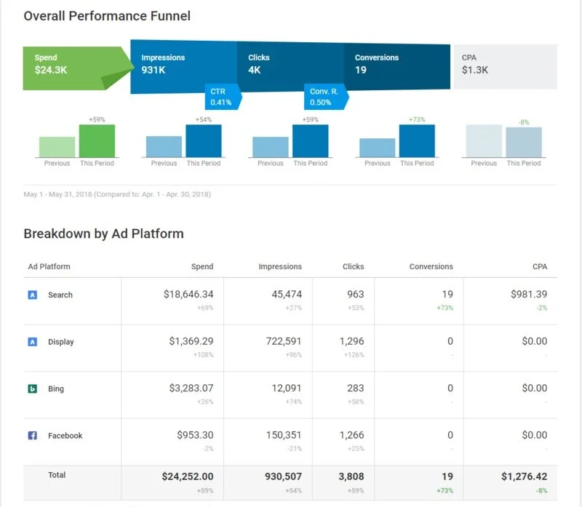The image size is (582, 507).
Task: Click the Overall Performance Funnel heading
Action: (x=107, y=15)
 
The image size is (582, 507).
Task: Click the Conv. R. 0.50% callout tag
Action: (x=322, y=97)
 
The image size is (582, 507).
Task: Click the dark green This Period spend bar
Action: (x=97, y=141)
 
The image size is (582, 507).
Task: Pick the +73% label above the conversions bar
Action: (x=417, y=119)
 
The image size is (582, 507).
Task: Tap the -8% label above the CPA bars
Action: (x=524, y=122)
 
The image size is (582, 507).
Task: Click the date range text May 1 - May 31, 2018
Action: (x=117, y=195)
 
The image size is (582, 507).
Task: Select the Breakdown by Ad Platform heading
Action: (x=103, y=233)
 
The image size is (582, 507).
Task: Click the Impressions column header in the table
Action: (x=280, y=267)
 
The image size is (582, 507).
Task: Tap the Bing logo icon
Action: (x=33, y=389)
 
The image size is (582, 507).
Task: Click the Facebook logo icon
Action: (x=33, y=436)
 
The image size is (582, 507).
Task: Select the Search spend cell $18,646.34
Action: (x=188, y=295)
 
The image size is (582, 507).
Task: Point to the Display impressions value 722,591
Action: (x=277, y=341)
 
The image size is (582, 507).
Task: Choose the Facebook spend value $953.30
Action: (x=195, y=435)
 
